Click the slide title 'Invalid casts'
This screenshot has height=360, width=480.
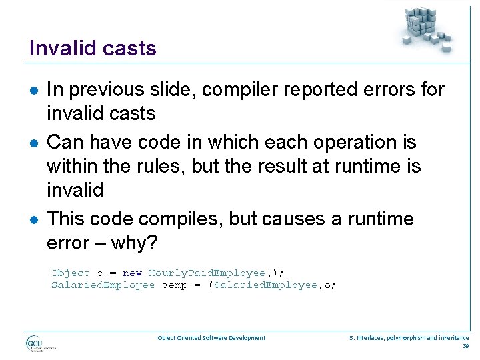pos(93,48)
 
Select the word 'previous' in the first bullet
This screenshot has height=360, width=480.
pos(105,89)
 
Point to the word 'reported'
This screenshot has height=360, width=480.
pos(309,89)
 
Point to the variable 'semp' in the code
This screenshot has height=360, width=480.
pos(175,285)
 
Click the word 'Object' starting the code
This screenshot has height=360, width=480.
pos(70,272)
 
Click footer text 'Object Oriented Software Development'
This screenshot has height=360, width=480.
pos(211,338)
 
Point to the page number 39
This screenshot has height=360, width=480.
pos(465,346)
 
